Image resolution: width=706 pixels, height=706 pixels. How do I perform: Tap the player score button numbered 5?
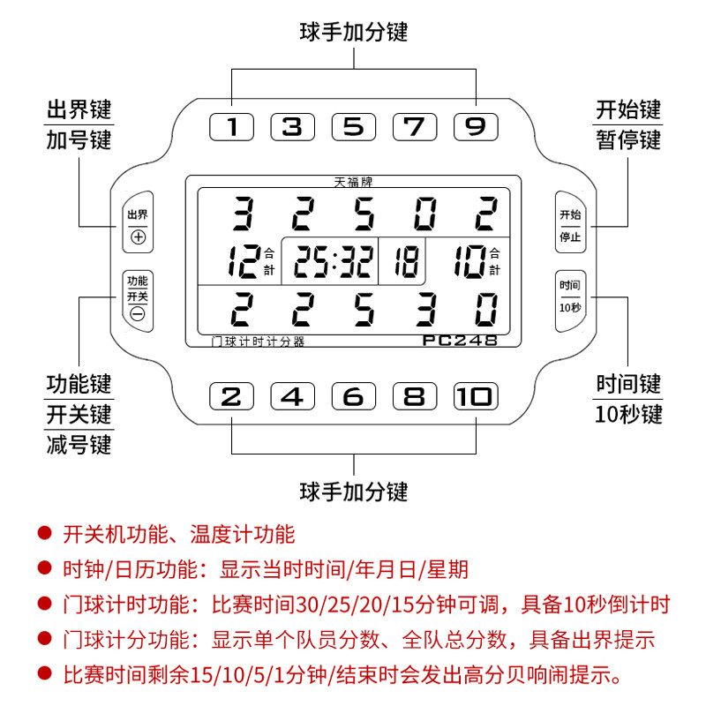[x=353, y=127]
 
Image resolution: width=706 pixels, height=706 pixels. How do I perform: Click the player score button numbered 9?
[x=476, y=127]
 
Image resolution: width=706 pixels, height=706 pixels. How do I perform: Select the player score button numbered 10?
[x=476, y=396]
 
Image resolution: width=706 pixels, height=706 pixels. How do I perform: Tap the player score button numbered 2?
[x=231, y=396]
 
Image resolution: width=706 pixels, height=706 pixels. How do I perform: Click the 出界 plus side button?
[x=138, y=226]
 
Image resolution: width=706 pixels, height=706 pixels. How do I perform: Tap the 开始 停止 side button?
[x=570, y=226]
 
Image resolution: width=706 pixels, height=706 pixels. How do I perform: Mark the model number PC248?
[x=462, y=340]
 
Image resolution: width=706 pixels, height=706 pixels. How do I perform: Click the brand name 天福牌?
[x=353, y=184]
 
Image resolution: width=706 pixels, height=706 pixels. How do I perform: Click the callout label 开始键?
[x=628, y=110]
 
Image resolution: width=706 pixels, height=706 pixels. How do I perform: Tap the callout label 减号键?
[x=79, y=444]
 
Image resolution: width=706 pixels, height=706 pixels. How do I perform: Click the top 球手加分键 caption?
[x=353, y=33]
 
